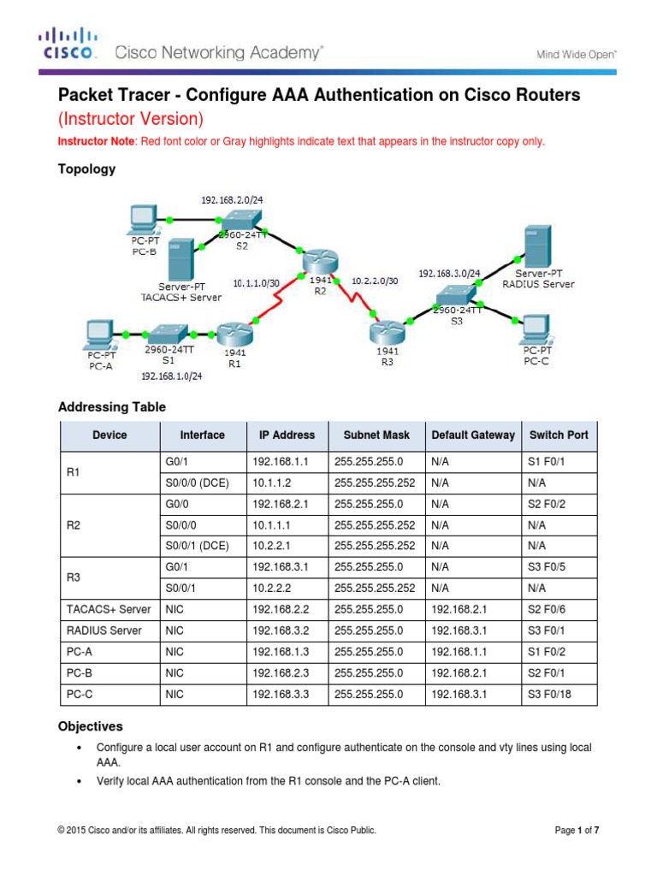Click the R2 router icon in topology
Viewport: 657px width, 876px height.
pyautogui.click(x=320, y=260)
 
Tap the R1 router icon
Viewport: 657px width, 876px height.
pyautogui.click(x=232, y=334)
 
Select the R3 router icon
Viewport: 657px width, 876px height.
pyautogui.click(x=385, y=328)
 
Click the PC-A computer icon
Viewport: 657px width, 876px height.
pyautogui.click(x=99, y=332)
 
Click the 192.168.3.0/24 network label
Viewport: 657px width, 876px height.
pyautogui.click(x=448, y=274)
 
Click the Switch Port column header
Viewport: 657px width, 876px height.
pyautogui.click(x=559, y=435)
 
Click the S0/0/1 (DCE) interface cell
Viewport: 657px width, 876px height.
pyautogui.click(x=195, y=546)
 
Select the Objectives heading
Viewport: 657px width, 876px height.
pyautogui.click(x=90, y=725)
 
